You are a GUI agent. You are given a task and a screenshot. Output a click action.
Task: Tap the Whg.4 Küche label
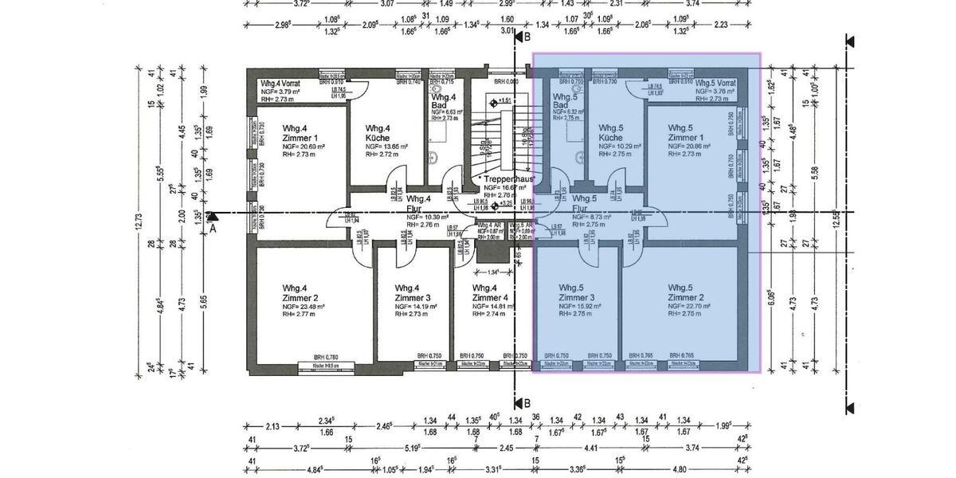[378, 133]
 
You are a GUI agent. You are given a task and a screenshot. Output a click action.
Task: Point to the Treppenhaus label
[511, 179]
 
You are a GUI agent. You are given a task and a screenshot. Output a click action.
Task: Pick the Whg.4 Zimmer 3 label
[412, 292]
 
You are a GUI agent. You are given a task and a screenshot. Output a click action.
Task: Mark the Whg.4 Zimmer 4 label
[490, 292]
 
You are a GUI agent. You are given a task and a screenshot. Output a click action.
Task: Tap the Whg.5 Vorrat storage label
[715, 83]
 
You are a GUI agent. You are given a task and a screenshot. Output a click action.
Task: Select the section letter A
[213, 227]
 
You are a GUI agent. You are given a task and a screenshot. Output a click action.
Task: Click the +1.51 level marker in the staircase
[503, 101]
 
